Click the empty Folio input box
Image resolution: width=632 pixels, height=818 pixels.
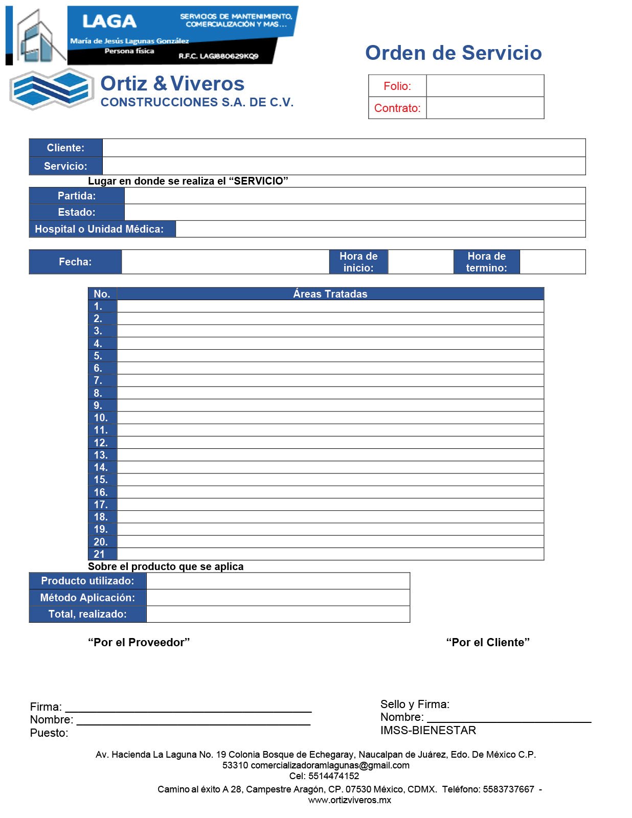pos(485,86)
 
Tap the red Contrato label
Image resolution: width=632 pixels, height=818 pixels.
pos(397,108)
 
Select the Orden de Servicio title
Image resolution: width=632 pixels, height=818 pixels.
pos(453,53)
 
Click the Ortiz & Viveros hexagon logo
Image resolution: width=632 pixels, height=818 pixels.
pos(52,89)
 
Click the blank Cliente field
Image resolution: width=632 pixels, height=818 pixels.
pos(344,148)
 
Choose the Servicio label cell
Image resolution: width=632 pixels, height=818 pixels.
pos(66,166)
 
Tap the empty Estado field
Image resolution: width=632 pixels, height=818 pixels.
pos(355,212)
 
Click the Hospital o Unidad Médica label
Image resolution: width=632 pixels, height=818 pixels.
pos(100,229)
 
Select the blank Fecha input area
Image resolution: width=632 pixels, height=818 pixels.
pos(225,262)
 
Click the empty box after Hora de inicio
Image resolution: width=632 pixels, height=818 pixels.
pos(420,262)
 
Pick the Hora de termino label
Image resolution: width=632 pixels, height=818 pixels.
pos(486,262)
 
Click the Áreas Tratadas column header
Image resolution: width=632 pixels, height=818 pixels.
pos(330,294)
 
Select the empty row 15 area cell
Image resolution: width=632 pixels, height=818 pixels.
pos(330,480)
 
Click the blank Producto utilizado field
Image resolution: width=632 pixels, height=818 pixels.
pos(278,581)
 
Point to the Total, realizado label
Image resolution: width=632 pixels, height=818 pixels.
pos(87,614)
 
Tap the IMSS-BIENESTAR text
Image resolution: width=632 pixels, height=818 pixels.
pos(428,730)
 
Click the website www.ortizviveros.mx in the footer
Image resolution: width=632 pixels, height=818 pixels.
pos(349,800)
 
